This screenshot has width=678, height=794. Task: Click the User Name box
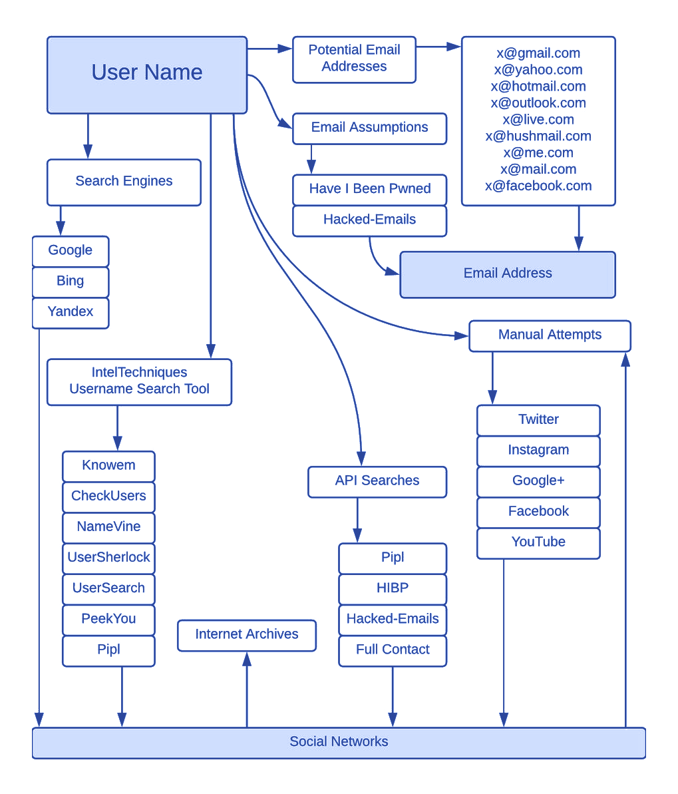(147, 74)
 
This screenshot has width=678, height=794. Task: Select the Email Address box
(507, 274)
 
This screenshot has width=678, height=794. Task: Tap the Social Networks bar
(339, 742)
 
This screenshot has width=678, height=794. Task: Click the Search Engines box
(124, 181)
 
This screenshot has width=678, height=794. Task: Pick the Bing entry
(71, 282)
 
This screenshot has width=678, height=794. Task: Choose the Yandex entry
(71, 312)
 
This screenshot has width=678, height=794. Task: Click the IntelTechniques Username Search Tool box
(140, 381)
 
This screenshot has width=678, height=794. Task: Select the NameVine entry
(109, 527)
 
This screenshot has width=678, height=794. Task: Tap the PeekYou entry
(109, 620)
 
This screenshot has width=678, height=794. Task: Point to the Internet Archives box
(247, 635)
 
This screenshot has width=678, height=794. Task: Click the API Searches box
(377, 482)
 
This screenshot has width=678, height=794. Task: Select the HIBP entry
(393, 588)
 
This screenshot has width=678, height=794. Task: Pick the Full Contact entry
(393, 650)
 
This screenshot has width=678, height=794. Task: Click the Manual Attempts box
(550, 335)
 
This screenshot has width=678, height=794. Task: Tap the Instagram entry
(538, 451)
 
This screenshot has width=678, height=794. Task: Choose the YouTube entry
(538, 542)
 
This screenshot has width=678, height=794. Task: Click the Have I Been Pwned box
(370, 190)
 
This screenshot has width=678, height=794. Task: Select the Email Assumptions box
(370, 128)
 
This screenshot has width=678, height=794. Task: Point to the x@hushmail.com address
(538, 137)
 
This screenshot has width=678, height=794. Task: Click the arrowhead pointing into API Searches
(360, 459)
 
